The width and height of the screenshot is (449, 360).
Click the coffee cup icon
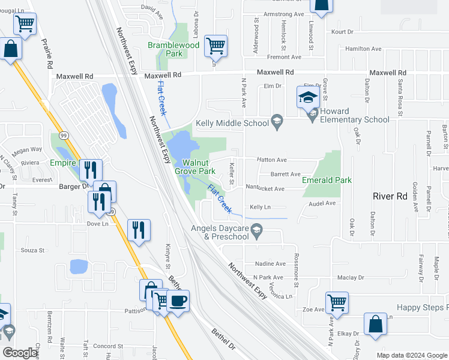point(178,301)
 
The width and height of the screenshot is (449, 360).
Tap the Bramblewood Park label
point(174,49)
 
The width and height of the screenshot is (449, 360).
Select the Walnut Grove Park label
point(194,167)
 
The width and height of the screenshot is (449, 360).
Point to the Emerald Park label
point(327,180)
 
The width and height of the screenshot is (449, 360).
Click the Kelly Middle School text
point(232,124)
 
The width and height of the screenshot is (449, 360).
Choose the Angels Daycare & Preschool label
point(220,232)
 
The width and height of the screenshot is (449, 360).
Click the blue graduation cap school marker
point(308,97)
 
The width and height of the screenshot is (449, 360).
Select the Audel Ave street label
point(322,203)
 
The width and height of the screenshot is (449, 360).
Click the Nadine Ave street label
point(270,264)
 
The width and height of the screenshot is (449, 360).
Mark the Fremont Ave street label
point(284,58)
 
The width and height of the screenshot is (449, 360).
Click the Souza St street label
point(33,250)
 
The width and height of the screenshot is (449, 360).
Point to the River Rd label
point(390,196)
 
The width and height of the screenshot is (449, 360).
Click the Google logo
point(20,353)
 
